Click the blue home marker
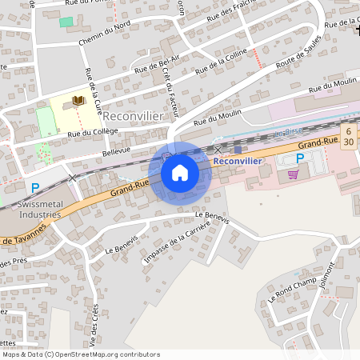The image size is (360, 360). pyautogui.click(x=180, y=172)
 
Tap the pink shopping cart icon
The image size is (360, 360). pyautogui.click(x=294, y=174)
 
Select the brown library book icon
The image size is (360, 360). pyautogui.click(x=78, y=101)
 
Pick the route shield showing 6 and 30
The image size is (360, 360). pyautogui.click(x=348, y=135)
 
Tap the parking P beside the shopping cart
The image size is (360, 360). pyautogui.click(x=300, y=159)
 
